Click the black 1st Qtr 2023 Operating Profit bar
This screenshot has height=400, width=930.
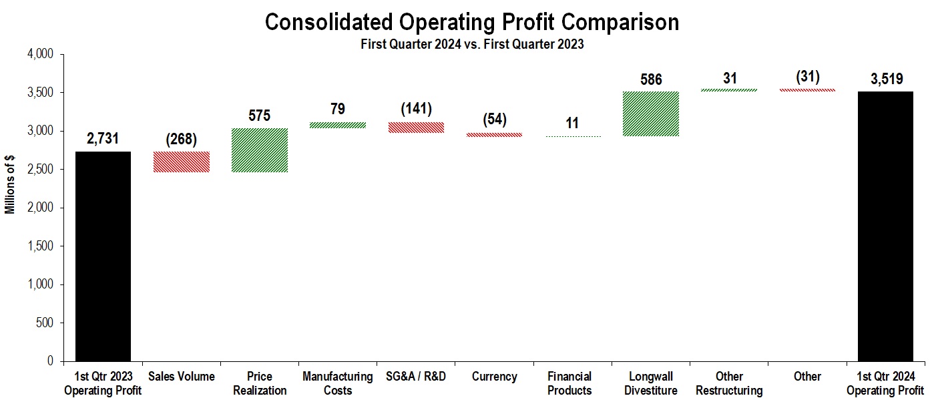pyautogui.click(x=103, y=256)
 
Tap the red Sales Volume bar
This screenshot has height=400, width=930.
pyautogui.click(x=181, y=162)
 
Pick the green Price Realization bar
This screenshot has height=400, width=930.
pyautogui.click(x=260, y=150)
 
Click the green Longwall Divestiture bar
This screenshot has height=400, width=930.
pyautogui.click(x=651, y=114)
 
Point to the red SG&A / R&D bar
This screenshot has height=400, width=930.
pyautogui.click(x=416, y=128)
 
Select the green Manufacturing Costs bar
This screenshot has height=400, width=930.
pyautogui.click(x=338, y=125)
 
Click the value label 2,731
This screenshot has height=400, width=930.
pyautogui.click(x=103, y=139)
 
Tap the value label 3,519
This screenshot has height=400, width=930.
pyautogui.click(x=885, y=79)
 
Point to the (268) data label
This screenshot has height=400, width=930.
pyautogui.click(x=181, y=140)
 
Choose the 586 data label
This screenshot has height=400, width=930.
pyautogui.click(x=651, y=80)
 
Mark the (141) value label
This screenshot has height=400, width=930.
pyautogui.click(x=416, y=109)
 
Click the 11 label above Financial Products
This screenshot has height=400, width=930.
pyautogui.click(x=572, y=124)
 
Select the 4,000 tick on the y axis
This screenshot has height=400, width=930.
pyautogui.click(x=39, y=54)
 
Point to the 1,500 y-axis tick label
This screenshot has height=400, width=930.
pyautogui.click(x=39, y=246)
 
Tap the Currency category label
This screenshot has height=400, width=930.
pyautogui.click(x=494, y=377)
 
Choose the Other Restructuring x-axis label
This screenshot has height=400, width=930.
pyautogui.click(x=729, y=383)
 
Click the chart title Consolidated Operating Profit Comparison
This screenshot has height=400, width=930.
pyautogui.click(x=471, y=22)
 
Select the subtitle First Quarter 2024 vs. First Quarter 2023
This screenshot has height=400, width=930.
pyautogui.click(x=471, y=45)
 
